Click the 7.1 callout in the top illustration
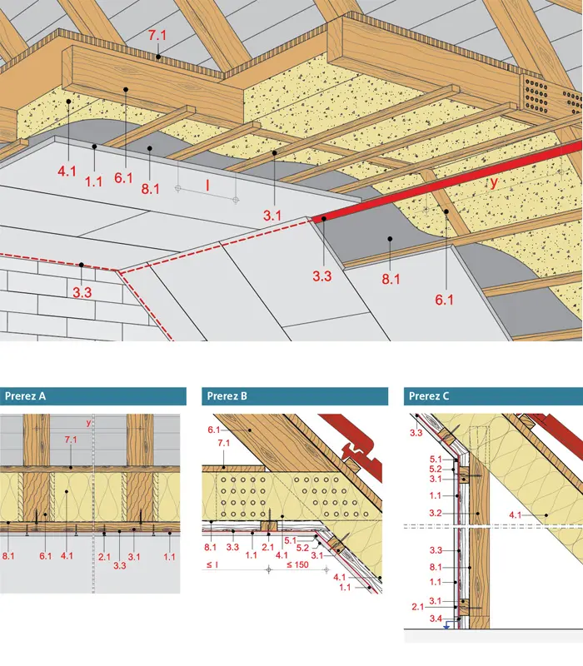click(157, 36)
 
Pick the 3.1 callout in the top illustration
click(272, 216)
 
